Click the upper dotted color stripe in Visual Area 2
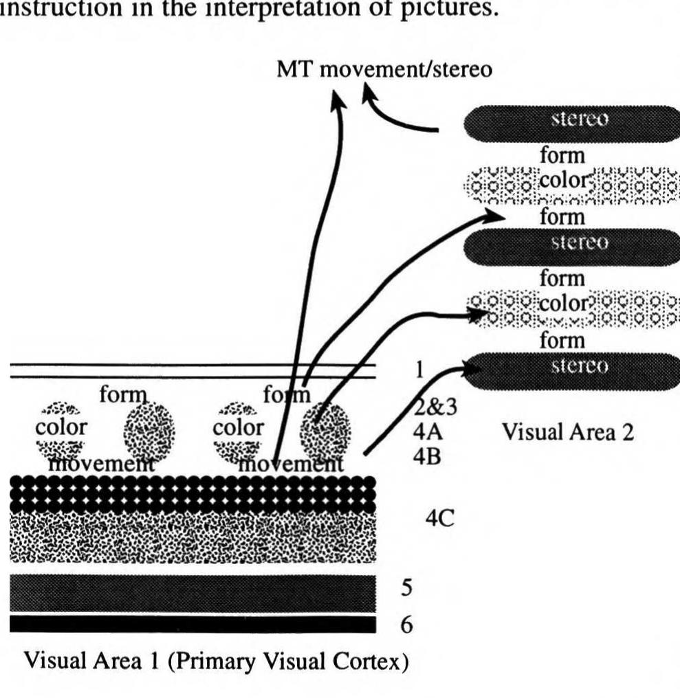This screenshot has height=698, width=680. point(571,184)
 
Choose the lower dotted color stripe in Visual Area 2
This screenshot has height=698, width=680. point(571,309)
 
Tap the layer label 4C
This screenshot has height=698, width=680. point(440,516)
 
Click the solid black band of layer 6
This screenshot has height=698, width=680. point(193,624)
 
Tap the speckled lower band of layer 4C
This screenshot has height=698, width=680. point(193,539)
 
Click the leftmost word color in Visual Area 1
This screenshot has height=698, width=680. point(61,427)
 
